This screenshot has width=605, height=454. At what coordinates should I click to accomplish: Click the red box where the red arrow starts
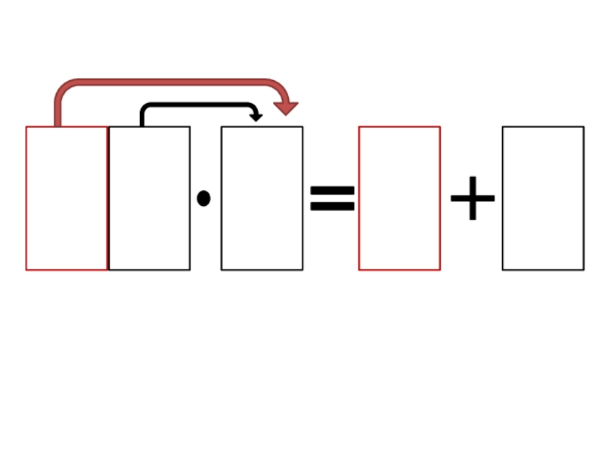pos(67,198)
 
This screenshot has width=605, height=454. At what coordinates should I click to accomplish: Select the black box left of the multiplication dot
pos(150,198)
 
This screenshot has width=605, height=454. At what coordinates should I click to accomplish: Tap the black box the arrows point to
pos(262,198)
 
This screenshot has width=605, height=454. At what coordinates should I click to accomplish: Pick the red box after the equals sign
pos(399,198)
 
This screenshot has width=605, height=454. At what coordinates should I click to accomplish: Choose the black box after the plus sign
pos(543,198)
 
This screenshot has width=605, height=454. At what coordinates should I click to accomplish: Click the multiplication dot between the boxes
pos(203,198)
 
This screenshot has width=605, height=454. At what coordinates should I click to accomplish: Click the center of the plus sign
pos(472,199)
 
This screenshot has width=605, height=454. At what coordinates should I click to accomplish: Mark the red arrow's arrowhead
pos(285,107)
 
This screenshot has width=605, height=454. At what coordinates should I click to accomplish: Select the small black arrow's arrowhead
pos(256,117)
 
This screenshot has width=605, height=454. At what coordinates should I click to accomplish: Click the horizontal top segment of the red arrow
pos(166,82)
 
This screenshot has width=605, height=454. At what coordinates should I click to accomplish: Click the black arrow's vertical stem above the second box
pos(141,118)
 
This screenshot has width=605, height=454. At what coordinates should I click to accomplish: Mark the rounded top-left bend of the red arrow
pos(62,87)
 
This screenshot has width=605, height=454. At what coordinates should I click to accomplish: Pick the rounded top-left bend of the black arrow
pos(144,107)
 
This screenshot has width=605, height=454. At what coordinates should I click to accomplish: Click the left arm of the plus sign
pos(458,199)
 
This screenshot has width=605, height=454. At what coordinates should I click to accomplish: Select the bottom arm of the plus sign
pos(472,213)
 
